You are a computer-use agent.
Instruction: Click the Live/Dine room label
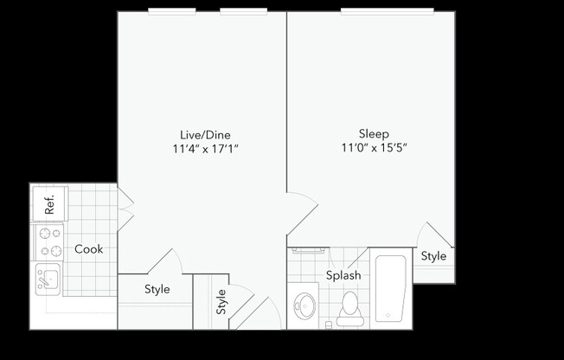[205, 134]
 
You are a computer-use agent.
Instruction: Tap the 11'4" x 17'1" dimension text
[205, 148]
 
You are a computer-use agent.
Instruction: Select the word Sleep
[374, 133]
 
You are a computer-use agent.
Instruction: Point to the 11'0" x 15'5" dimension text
[374, 148]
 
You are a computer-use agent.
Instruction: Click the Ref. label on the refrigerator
[49, 204]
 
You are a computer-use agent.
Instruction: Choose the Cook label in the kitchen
[88, 249]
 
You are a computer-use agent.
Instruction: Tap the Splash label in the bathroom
[343, 276]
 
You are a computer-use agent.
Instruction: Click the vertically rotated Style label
[221, 302]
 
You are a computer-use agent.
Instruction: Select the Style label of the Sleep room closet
[433, 256]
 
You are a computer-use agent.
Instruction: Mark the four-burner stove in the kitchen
[48, 242]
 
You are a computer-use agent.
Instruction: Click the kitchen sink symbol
[47, 279]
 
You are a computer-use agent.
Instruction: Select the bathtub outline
[390, 288]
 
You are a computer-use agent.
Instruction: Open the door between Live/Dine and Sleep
[302, 212]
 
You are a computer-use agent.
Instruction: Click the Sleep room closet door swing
[433, 235]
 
